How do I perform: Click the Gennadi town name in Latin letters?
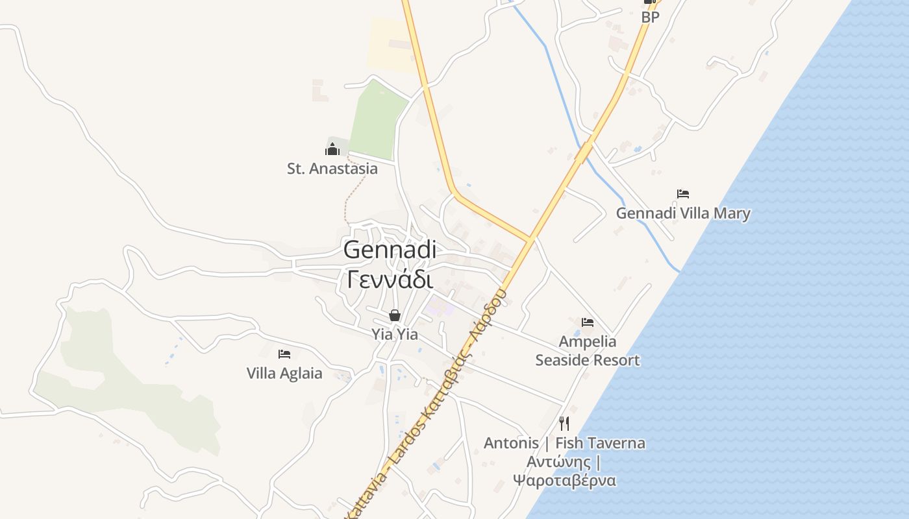(x=390, y=250)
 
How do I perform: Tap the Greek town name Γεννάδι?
(x=390, y=280)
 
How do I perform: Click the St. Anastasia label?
(x=332, y=169)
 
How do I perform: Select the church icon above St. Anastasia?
(x=332, y=149)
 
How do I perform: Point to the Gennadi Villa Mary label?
(x=683, y=213)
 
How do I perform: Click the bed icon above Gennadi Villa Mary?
(x=682, y=193)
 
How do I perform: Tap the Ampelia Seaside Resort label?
(x=588, y=350)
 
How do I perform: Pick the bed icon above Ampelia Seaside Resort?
(x=588, y=322)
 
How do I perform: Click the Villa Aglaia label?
(x=284, y=373)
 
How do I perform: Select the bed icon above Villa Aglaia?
(x=284, y=354)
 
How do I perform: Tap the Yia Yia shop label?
(x=394, y=335)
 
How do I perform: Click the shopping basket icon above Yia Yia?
(x=394, y=316)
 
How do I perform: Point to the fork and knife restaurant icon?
(x=564, y=424)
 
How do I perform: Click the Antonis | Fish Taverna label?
(x=564, y=443)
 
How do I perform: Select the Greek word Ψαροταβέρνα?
(x=564, y=481)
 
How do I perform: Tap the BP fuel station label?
(x=650, y=18)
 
